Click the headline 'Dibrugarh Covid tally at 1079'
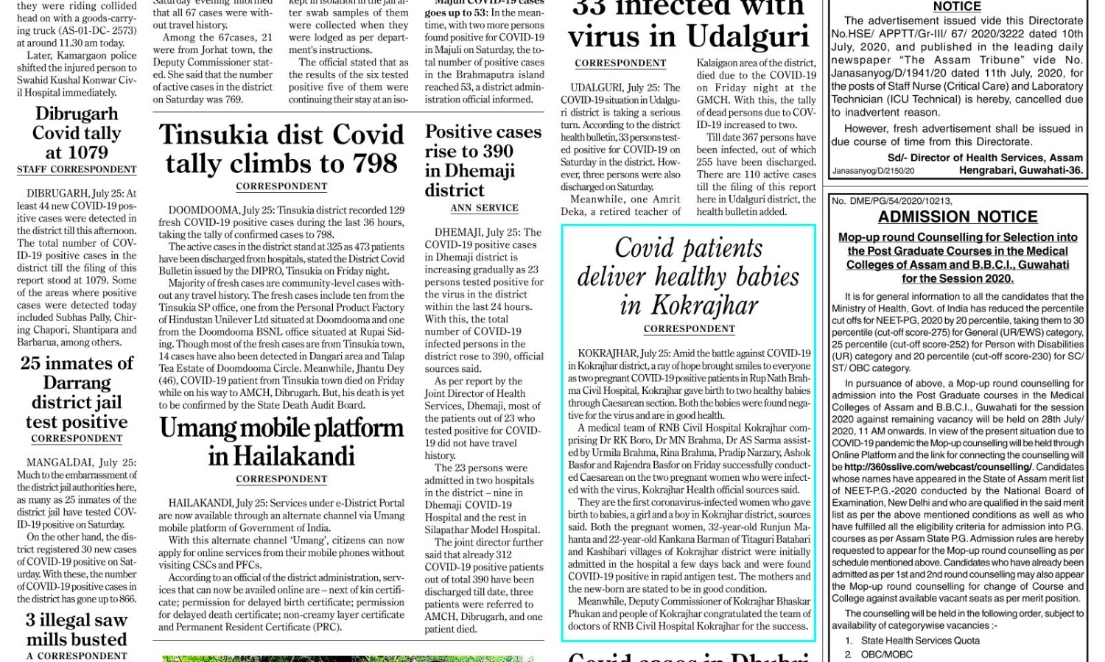click(x=77, y=133)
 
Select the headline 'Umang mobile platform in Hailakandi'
click(x=281, y=442)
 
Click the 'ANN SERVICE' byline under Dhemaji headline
click(x=484, y=208)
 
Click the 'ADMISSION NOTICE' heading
click(x=958, y=216)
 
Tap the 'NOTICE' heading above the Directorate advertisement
click(x=957, y=7)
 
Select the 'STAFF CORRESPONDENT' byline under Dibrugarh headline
click(x=77, y=169)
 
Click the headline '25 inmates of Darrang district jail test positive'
click(x=77, y=392)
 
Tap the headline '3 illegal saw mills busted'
click(x=77, y=630)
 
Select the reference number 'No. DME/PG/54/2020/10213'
click(x=891, y=200)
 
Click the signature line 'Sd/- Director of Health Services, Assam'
click(x=985, y=158)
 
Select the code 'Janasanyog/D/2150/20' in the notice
click(x=873, y=171)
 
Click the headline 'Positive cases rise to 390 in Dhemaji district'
click(x=483, y=161)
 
